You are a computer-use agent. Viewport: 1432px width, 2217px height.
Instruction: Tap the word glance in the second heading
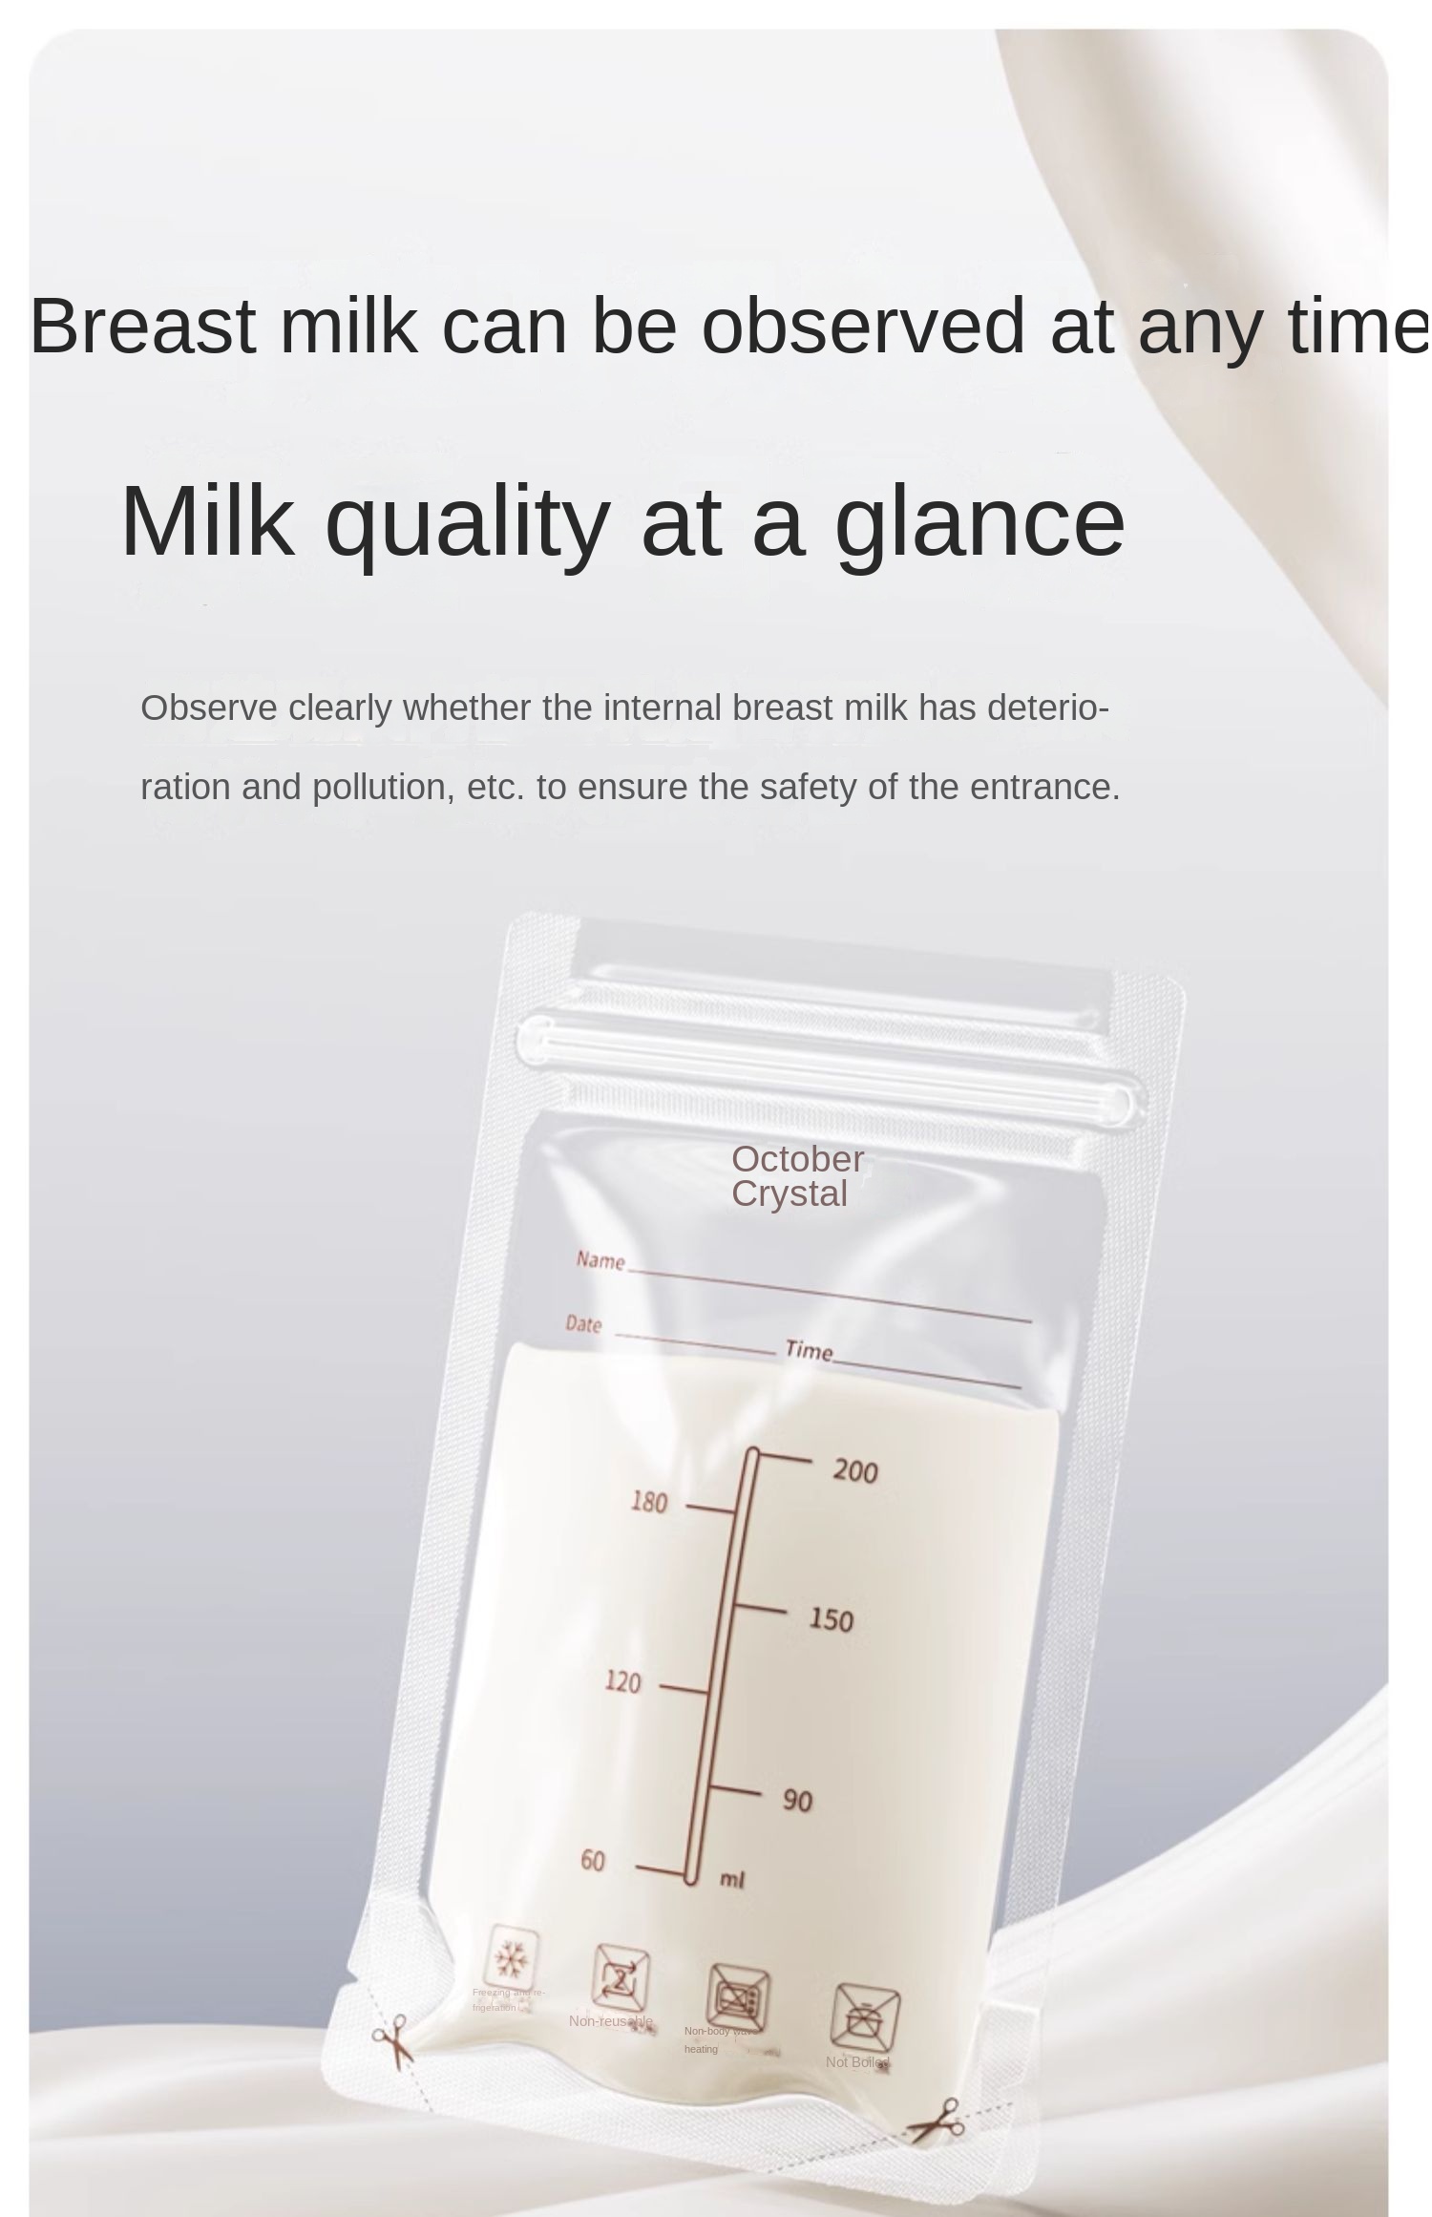(x=979, y=522)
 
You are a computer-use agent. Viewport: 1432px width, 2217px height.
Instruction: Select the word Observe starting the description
(x=209, y=708)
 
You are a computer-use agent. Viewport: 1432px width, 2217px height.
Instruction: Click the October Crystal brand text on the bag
(x=797, y=1176)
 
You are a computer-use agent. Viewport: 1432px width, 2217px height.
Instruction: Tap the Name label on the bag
(x=600, y=1260)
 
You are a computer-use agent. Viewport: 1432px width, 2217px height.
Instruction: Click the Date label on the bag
(x=583, y=1324)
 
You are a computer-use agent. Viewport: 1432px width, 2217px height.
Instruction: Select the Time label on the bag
(x=809, y=1350)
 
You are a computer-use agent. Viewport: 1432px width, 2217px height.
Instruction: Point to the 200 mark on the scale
(x=854, y=1471)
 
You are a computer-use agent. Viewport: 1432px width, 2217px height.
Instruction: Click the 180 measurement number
(x=648, y=1503)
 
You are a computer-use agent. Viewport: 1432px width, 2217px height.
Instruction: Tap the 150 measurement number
(x=831, y=1620)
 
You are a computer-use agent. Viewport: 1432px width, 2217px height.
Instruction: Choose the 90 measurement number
(x=797, y=1801)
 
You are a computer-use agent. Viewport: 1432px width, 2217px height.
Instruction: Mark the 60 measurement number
(x=593, y=1861)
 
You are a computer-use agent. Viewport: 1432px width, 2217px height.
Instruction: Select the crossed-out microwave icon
(x=738, y=1998)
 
